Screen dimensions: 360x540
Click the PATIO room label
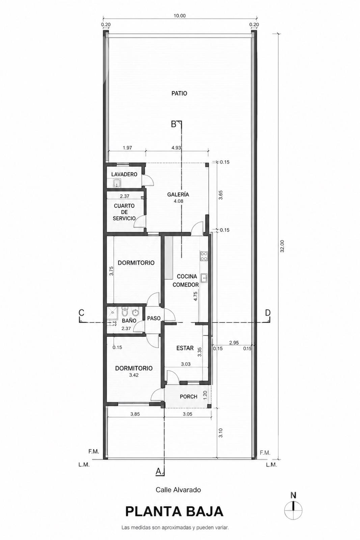coord(179,93)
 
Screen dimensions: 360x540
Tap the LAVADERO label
coord(124,174)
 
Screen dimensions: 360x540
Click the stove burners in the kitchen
coord(204,256)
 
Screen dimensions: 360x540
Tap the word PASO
coord(154,318)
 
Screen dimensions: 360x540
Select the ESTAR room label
coord(185,348)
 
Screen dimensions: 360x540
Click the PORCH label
coord(188,397)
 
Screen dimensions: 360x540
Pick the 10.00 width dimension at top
coord(179,16)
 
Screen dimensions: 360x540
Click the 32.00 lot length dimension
coord(282,246)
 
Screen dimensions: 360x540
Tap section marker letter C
coord(81,313)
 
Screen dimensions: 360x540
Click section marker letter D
coord(268,313)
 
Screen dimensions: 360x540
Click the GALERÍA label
coord(178,194)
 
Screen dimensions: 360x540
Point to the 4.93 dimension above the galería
coord(176,148)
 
